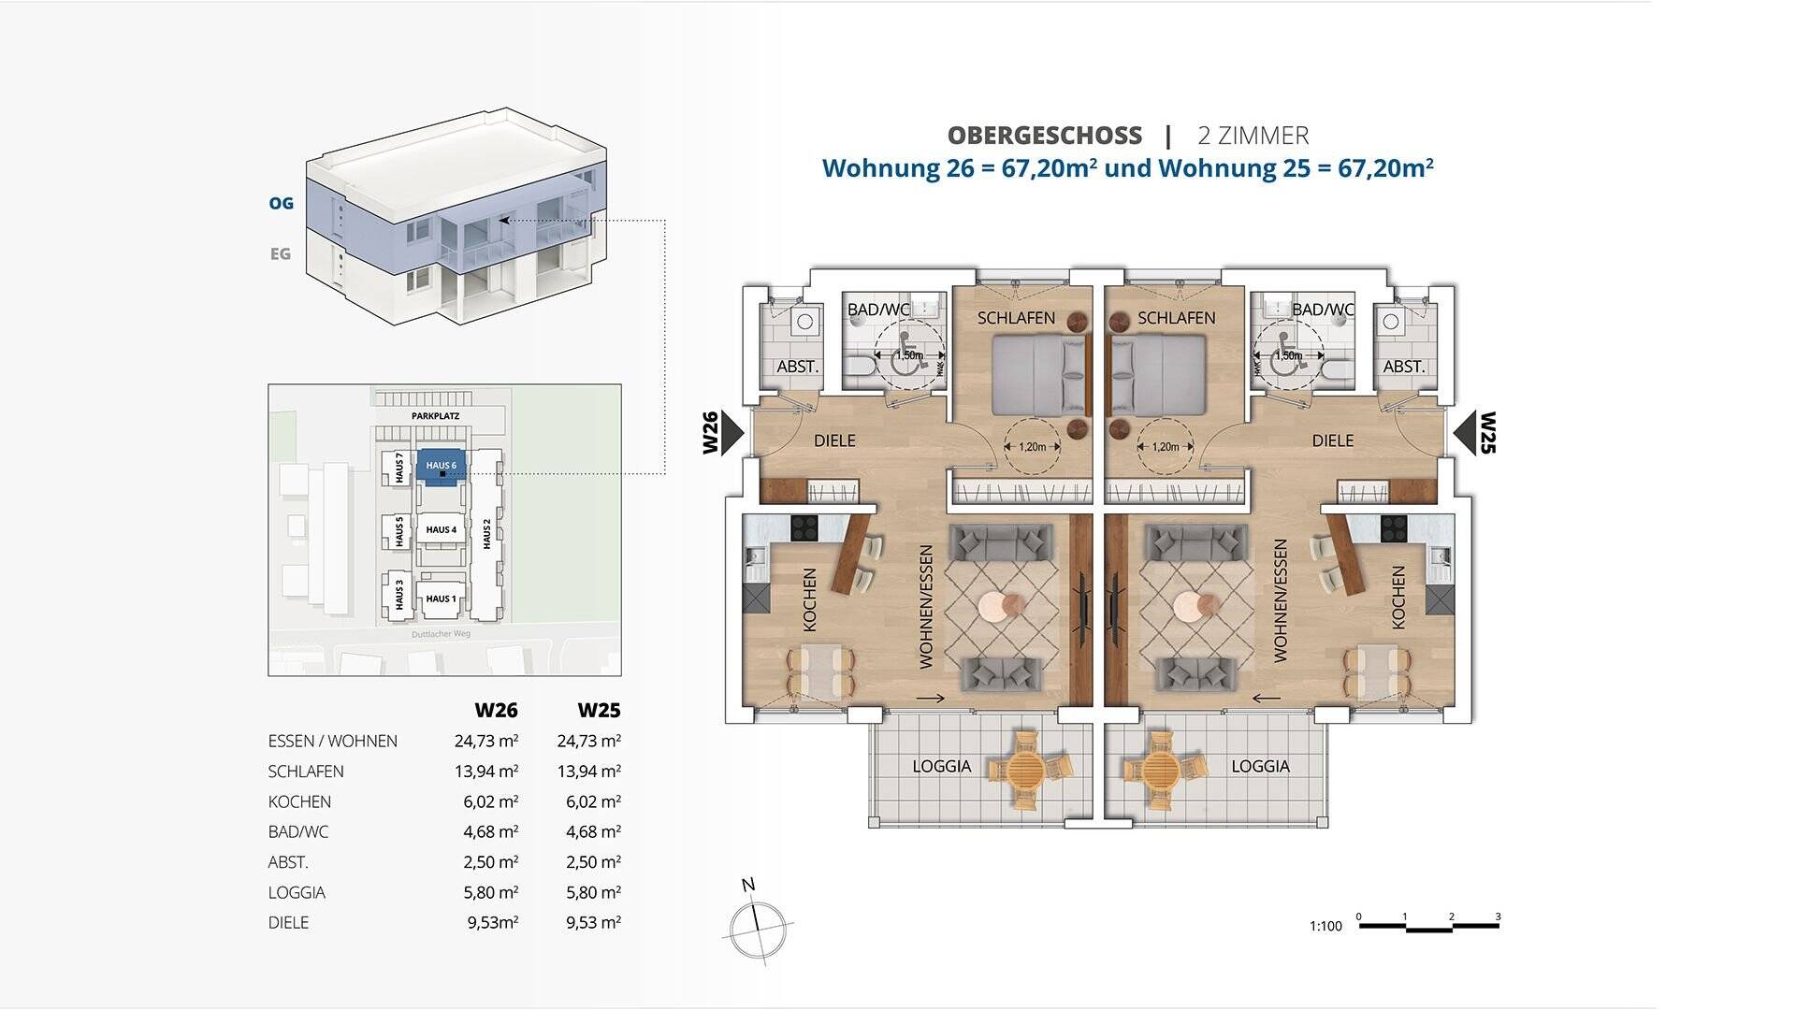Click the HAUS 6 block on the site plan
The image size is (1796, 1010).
point(441,466)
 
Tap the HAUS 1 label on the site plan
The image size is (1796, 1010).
point(441,599)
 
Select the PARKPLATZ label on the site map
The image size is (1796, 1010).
point(435,415)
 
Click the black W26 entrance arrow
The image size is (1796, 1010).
point(731,433)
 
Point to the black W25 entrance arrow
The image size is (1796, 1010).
point(1464,433)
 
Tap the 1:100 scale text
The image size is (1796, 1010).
point(1325,926)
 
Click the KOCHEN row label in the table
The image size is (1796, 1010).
point(299,801)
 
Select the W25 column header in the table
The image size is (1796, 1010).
point(599,710)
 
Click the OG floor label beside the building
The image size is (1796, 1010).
point(281,203)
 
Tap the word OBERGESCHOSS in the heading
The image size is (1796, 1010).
point(1044,136)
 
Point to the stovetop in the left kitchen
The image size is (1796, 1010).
point(804,527)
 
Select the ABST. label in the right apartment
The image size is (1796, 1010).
point(1403,367)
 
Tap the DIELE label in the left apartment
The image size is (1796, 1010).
point(834,440)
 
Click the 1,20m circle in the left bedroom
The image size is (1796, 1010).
point(1032,447)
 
